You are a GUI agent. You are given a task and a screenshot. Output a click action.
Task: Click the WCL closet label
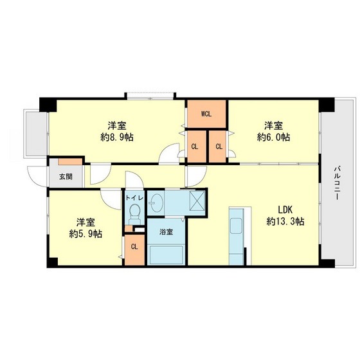(206, 114)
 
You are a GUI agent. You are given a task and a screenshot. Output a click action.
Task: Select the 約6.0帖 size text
(273, 137)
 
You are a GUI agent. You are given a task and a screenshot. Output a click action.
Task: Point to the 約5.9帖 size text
(85, 234)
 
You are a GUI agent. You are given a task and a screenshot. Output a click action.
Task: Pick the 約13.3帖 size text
(285, 221)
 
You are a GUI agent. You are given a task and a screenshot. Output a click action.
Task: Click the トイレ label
(134, 198)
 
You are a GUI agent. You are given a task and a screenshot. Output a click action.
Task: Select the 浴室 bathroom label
(166, 231)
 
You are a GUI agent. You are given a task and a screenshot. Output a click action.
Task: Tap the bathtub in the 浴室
(166, 254)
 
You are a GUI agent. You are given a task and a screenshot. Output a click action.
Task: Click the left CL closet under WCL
(195, 146)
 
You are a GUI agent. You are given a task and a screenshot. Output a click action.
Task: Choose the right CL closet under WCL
(218, 146)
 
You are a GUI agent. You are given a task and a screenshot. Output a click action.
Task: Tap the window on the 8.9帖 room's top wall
(150, 96)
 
